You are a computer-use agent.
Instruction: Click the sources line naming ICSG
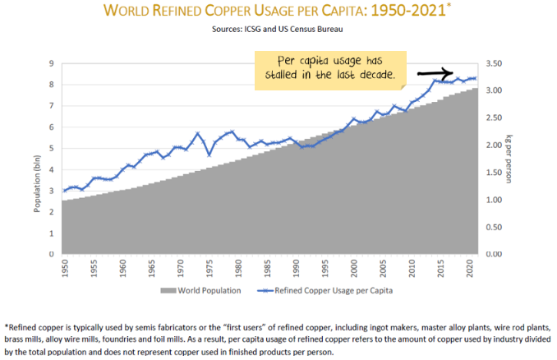pyautogui.click(x=279, y=30)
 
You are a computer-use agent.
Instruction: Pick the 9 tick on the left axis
pyautogui.click(x=53, y=63)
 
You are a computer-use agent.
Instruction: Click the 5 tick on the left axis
pyautogui.click(x=53, y=148)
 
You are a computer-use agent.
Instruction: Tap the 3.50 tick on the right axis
pyautogui.click(x=493, y=63)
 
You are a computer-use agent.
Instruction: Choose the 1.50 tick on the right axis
pyautogui.click(x=493, y=172)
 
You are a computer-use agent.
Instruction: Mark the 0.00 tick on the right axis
pyautogui.click(x=493, y=253)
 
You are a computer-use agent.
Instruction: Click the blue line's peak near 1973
pyautogui.click(x=198, y=133)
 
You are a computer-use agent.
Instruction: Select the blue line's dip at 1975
pyautogui.click(x=209, y=155)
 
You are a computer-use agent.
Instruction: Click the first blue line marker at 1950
pyautogui.click(x=64, y=191)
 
